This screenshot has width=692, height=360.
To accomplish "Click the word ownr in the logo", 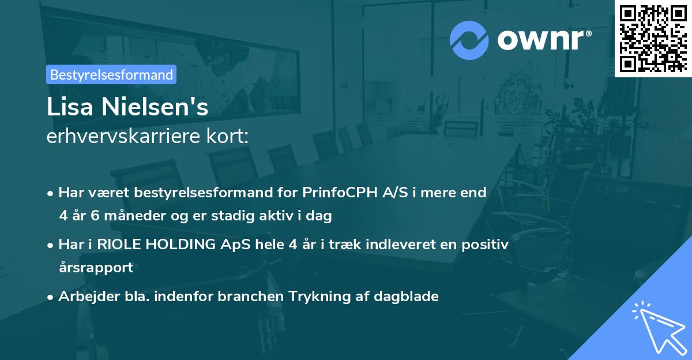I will click(543, 40).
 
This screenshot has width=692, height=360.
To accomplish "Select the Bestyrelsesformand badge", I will click(111, 74).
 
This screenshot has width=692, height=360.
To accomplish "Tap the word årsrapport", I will click(96, 267).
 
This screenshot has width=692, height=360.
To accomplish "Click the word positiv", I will click(487, 244).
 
